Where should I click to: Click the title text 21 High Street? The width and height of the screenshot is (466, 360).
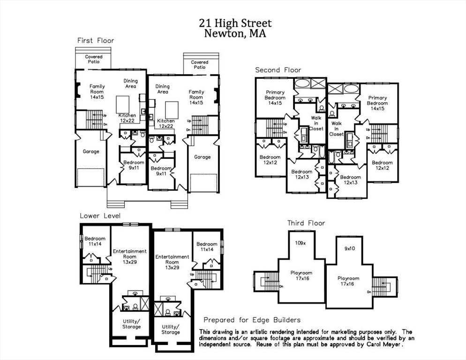pos(235,23)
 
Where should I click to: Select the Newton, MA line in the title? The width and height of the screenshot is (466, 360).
pos(235,33)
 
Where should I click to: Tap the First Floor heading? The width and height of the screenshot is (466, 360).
pos(96,41)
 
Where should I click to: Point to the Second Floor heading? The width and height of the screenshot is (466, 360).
pos(278,70)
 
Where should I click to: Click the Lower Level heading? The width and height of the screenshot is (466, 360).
pos(100,216)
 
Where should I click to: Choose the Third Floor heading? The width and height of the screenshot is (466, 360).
pos(306,223)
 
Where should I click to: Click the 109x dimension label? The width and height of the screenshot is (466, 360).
pos(300,243)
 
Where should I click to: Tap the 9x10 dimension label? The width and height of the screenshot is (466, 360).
pos(350,248)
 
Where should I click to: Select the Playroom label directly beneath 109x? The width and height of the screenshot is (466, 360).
pos(301,273)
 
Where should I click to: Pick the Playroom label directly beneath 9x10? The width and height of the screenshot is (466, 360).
pos(348,278)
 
